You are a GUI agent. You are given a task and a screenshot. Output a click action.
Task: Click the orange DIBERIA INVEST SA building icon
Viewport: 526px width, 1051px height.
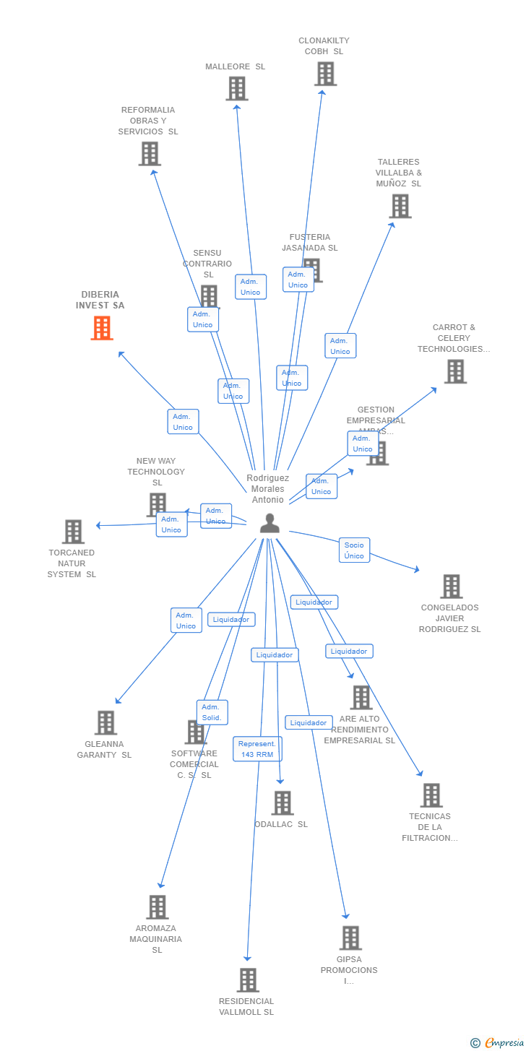tap(102, 328)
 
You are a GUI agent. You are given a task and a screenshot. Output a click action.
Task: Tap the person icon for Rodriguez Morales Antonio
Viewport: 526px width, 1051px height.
tap(270, 523)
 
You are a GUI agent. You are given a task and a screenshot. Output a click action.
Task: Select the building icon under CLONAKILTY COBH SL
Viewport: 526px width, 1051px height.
tap(325, 74)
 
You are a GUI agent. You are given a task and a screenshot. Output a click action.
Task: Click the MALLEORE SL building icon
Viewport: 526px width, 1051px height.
tap(236, 89)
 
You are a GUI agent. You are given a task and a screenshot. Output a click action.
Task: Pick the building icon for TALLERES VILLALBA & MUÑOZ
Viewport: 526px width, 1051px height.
tap(400, 207)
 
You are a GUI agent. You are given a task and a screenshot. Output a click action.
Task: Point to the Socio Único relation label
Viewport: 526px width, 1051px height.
tap(354, 550)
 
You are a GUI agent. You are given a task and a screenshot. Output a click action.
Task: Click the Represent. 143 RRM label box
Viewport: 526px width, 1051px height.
tap(257, 749)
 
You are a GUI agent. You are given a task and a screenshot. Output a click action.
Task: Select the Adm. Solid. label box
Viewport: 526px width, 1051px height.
tap(212, 712)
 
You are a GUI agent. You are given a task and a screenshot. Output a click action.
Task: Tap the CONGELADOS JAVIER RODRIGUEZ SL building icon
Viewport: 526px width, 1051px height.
tap(451, 587)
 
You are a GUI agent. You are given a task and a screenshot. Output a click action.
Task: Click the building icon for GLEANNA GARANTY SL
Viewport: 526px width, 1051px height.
tap(105, 722)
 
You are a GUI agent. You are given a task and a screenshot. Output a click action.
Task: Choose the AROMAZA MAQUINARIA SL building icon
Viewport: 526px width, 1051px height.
tap(157, 907)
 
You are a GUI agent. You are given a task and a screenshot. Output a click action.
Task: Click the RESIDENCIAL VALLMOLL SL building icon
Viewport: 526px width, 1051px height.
tap(248, 980)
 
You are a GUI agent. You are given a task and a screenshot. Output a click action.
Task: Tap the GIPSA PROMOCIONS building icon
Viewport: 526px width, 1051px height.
tap(350, 938)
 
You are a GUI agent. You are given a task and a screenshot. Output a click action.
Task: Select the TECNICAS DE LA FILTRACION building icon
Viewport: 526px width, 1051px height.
tap(431, 795)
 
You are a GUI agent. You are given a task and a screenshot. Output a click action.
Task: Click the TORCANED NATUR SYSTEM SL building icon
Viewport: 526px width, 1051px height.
tap(73, 532)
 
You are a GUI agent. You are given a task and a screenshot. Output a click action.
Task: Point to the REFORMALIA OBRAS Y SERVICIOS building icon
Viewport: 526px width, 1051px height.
tap(150, 154)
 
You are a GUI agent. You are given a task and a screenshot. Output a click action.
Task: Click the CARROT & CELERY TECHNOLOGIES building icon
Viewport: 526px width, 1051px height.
tap(455, 371)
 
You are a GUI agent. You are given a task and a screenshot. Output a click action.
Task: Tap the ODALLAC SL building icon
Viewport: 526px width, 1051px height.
tap(283, 803)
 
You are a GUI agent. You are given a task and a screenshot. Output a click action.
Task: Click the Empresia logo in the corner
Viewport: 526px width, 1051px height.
tap(504, 1042)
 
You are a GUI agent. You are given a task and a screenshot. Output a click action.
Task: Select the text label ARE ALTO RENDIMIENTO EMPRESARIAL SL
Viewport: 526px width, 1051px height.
tap(360, 730)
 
